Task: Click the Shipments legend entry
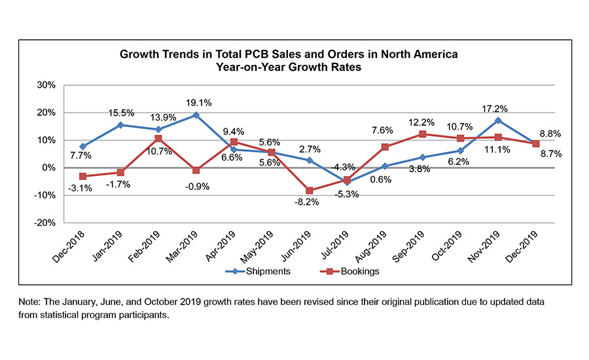pyautogui.click(x=256, y=271)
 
